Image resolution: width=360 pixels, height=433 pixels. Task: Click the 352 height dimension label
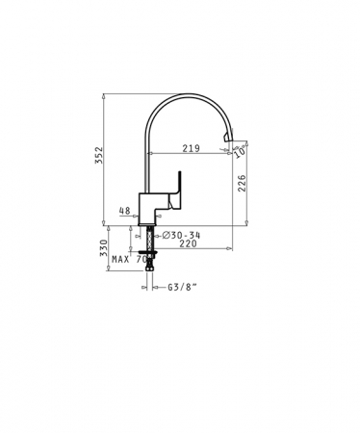coord(99,155)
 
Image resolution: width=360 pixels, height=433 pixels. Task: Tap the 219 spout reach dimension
coord(192,148)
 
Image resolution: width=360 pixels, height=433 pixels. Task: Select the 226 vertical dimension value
coord(242,183)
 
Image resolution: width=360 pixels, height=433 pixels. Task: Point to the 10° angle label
coord(242,151)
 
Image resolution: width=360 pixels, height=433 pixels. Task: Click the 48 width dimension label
coord(124,211)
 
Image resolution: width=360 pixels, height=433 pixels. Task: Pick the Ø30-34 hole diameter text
coord(181,236)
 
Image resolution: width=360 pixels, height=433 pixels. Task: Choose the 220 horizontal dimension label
coord(188,243)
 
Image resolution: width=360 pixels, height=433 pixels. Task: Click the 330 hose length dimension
coord(103,248)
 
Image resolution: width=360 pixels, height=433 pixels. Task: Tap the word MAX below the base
coord(120,259)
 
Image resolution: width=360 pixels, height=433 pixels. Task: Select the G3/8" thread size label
coord(182,287)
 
